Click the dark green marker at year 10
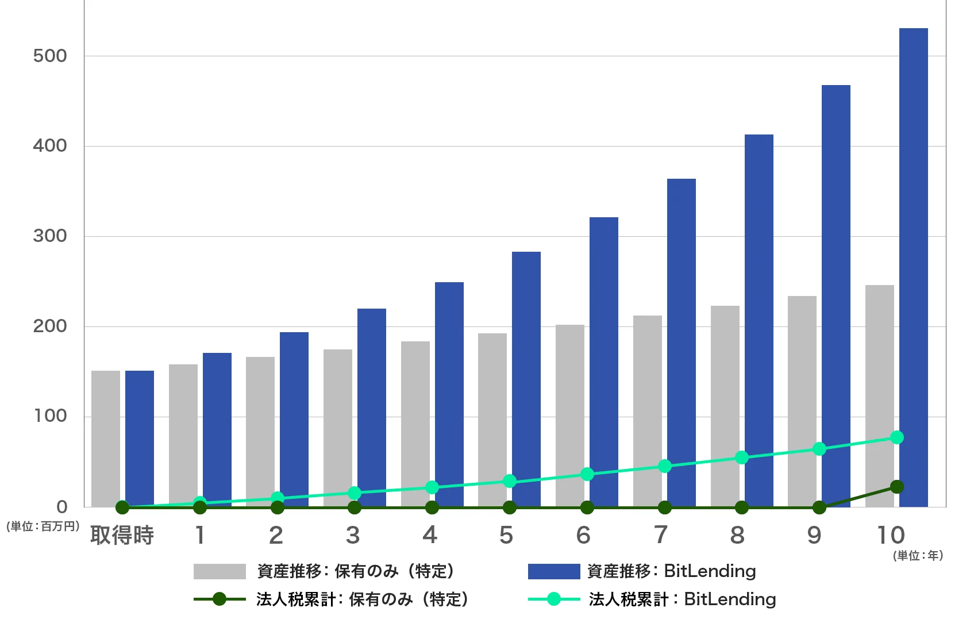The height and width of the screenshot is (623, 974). (x=896, y=487)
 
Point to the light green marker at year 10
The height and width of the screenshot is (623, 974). (x=896, y=437)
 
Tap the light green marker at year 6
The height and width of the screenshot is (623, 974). (x=587, y=474)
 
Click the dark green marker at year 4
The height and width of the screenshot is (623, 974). (x=432, y=507)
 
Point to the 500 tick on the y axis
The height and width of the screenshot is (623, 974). (x=50, y=56)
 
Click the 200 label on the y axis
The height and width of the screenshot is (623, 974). (x=50, y=326)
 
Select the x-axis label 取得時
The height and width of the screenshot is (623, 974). (x=122, y=536)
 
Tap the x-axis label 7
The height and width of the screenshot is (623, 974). (x=661, y=536)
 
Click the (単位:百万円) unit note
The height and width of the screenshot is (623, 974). (x=42, y=526)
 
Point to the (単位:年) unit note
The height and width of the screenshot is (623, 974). (x=918, y=556)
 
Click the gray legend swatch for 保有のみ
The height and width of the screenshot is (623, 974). (x=220, y=571)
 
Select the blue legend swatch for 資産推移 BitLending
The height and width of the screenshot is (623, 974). (x=554, y=571)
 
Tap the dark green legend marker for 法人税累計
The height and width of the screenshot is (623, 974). (x=220, y=599)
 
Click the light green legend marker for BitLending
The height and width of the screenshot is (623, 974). (x=554, y=599)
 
